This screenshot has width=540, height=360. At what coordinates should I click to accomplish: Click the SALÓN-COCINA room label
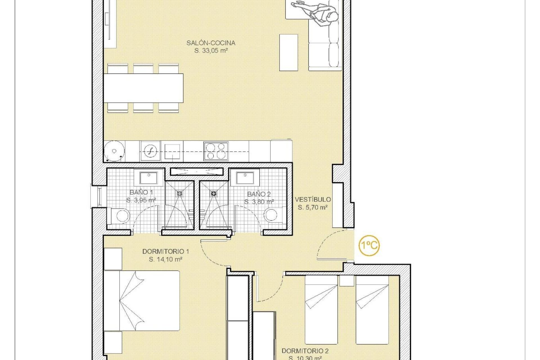(211, 43)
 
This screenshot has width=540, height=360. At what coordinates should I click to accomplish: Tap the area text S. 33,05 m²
(211, 51)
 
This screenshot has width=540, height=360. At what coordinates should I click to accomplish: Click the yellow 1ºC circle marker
(369, 246)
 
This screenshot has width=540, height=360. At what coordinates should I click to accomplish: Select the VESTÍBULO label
(313, 200)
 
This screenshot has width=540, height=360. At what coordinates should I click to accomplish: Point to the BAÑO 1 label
(141, 192)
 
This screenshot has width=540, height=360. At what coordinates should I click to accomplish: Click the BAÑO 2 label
(259, 194)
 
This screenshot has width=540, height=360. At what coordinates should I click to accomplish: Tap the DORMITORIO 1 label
(165, 251)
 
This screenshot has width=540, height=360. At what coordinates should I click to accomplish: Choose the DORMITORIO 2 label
(305, 351)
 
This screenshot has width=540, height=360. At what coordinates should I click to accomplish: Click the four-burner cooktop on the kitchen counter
(216, 151)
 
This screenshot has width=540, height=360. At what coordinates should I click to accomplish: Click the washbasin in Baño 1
(149, 178)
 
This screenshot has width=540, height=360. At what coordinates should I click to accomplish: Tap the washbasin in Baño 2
(245, 178)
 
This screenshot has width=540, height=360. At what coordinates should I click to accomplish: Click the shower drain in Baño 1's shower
(179, 193)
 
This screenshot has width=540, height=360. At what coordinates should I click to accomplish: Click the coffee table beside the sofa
(288, 53)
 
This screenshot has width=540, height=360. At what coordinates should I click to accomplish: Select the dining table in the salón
(143, 88)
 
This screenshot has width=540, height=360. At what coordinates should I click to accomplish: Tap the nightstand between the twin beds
(346, 281)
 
